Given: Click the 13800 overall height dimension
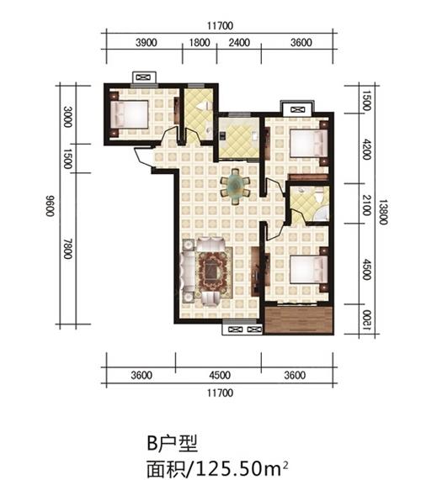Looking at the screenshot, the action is click(382, 212).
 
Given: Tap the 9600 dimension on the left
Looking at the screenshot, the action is click(51, 205).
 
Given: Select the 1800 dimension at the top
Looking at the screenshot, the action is click(200, 43).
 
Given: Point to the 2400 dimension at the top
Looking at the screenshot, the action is click(239, 43).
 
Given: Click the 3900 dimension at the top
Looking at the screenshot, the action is click(147, 43).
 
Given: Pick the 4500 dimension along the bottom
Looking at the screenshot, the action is click(220, 375).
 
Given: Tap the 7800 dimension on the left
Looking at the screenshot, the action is click(68, 249).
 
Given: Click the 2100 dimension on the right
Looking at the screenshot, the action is click(366, 205).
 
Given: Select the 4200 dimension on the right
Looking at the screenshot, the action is click(366, 150).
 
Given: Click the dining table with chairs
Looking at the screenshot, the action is click(235, 187).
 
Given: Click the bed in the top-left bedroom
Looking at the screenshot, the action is click(130, 114).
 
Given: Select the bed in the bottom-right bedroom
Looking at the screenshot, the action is click(309, 270).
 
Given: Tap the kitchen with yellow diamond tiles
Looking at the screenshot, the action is click(239, 137).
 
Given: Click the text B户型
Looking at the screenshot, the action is click(172, 443).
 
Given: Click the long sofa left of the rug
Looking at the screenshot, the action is click(188, 272).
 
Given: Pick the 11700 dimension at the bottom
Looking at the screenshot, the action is click(220, 393).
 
